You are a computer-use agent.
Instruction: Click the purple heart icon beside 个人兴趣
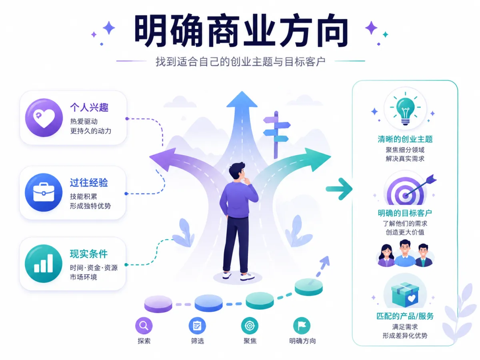pyautogui.click(x=44, y=118)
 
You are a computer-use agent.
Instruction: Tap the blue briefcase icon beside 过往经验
pyautogui.click(x=44, y=192)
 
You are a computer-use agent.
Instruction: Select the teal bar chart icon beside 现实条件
pyautogui.click(x=44, y=263)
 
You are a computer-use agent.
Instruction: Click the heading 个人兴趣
pyautogui.click(x=89, y=108)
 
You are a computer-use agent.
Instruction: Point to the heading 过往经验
pyautogui.click(x=89, y=182)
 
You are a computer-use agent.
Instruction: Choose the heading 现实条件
pyautogui.click(x=89, y=254)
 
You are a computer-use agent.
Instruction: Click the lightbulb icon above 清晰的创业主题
pyautogui.click(x=405, y=109)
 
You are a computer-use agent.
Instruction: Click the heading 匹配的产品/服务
pyautogui.click(x=405, y=316)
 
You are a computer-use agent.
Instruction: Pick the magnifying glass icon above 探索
pyautogui.click(x=144, y=326)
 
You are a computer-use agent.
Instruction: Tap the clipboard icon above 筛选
pyautogui.click(x=197, y=326)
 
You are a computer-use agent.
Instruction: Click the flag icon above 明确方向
pyautogui.click(x=302, y=326)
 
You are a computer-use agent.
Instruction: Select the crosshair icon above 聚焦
pyautogui.click(x=250, y=326)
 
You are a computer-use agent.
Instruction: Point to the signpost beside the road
pyautogui.click(x=276, y=134)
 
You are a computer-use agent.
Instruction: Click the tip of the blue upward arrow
pyautogui.click(x=242, y=91)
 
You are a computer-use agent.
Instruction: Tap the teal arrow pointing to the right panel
pyautogui.click(x=339, y=189)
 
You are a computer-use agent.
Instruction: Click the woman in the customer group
pyautogui.click(x=386, y=255)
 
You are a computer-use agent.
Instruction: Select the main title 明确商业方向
pyautogui.click(x=241, y=31)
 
